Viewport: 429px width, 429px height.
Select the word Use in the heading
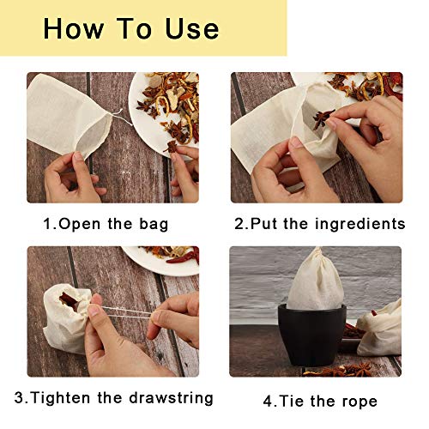click(193, 28)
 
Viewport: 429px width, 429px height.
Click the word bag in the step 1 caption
click(154, 225)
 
